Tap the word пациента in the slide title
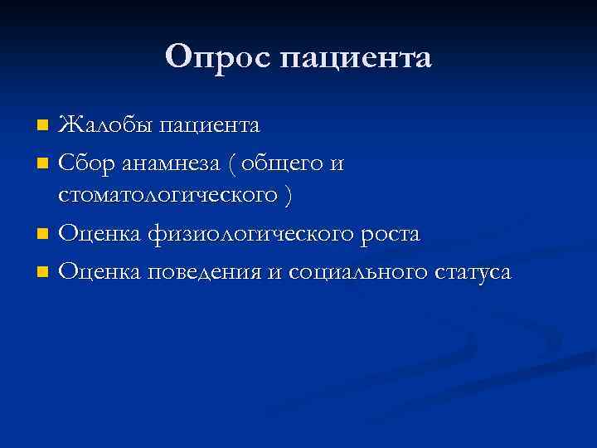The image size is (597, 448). (x=357, y=58)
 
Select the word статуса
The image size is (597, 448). (x=473, y=272)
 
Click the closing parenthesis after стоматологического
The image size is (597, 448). (x=287, y=197)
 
